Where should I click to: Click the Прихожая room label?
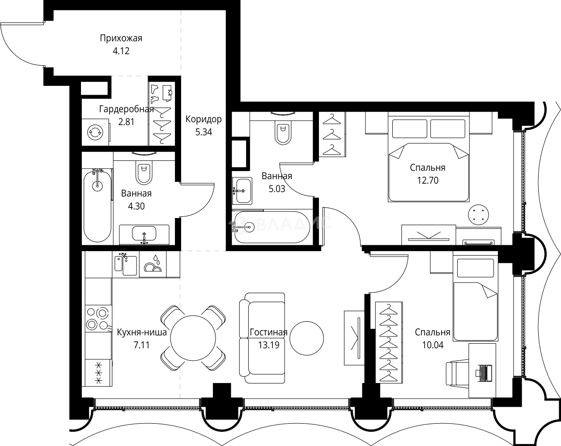(x=121, y=38)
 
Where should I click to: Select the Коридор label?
(x=204, y=119)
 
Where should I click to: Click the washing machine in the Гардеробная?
(x=95, y=131)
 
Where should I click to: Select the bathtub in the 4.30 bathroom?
(x=97, y=206)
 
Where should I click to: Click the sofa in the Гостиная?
(x=263, y=338)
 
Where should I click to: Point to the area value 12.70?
(x=427, y=181)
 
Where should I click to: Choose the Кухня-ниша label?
(x=142, y=332)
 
